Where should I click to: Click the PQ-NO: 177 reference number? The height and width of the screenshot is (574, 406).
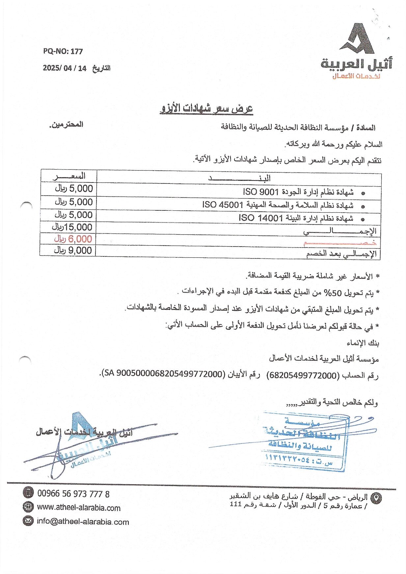click(x=63, y=51)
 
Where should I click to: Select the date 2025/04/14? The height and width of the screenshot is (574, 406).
click(x=65, y=68)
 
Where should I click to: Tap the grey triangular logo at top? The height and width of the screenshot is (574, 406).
click(x=357, y=39)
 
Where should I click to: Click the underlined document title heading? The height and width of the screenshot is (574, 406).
click(x=206, y=109)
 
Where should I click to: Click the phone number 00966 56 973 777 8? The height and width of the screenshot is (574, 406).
click(x=73, y=494)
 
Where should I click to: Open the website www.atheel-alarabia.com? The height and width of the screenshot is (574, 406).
click(x=79, y=508)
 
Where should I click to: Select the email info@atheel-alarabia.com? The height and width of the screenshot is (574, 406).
click(x=83, y=522)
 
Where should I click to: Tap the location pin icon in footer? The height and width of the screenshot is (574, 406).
click(x=376, y=498)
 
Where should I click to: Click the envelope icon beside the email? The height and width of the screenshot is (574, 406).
click(x=28, y=521)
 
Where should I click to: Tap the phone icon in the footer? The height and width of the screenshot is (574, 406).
click(x=28, y=493)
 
